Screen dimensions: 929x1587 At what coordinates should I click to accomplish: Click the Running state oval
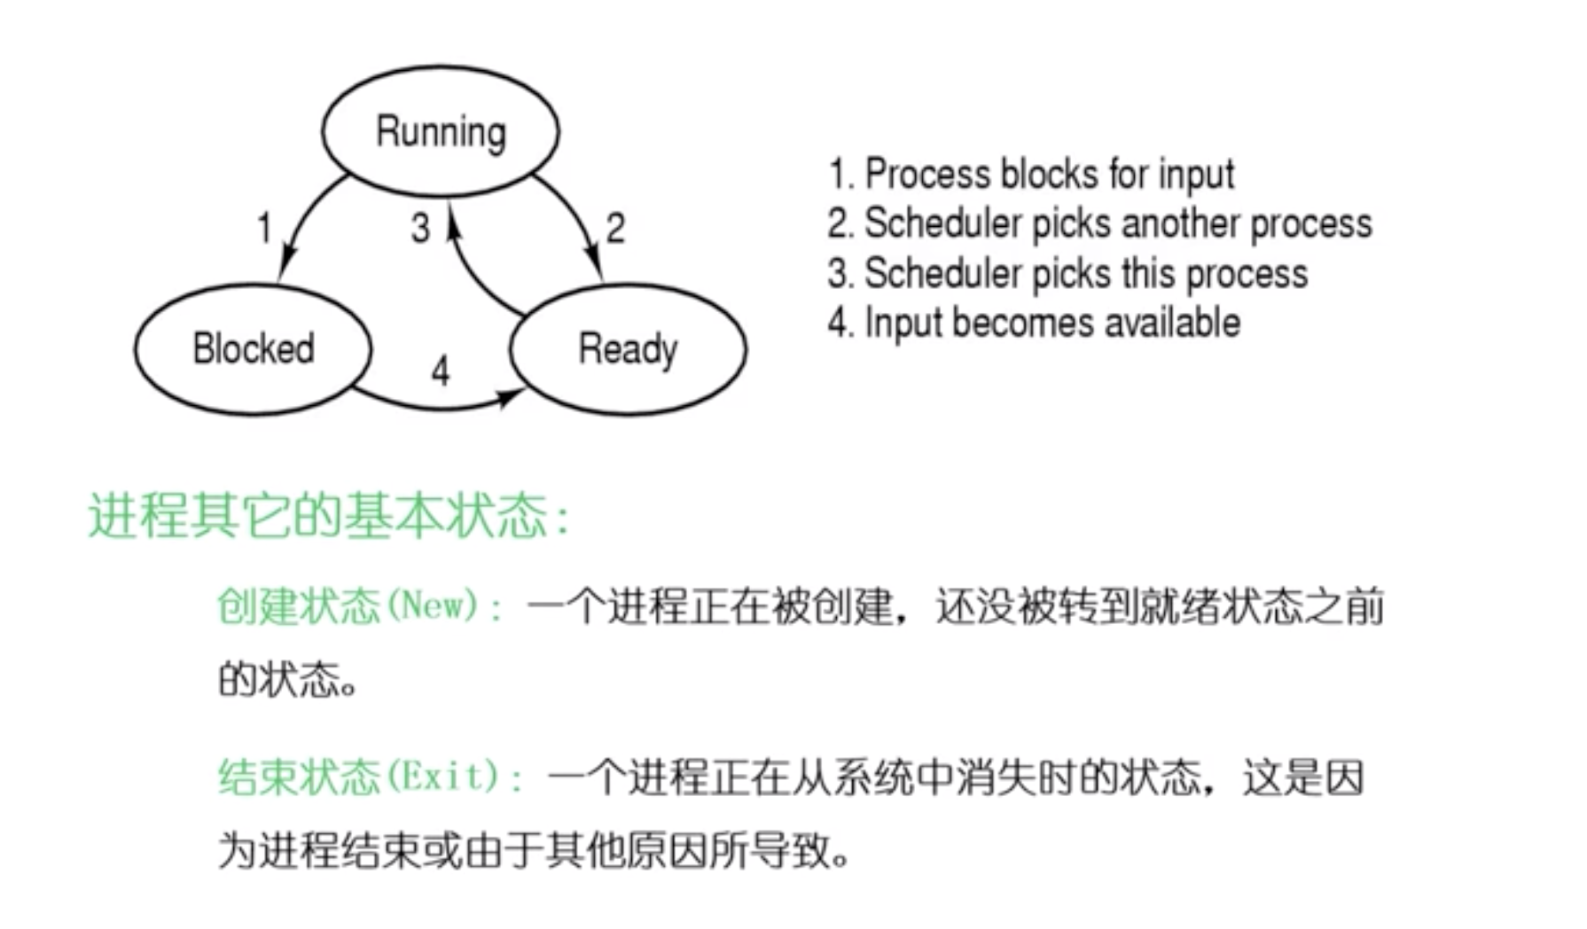[x=441, y=131]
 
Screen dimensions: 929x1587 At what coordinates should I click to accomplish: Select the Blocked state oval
[x=254, y=348]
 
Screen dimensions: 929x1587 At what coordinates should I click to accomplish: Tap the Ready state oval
[x=628, y=348]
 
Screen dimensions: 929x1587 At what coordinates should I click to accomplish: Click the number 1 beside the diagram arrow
[x=264, y=229]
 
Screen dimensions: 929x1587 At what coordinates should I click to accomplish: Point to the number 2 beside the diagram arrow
[x=615, y=229]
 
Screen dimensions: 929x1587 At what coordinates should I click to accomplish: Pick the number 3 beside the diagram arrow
[x=420, y=229]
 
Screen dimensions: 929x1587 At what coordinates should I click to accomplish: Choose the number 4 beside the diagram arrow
[x=441, y=371]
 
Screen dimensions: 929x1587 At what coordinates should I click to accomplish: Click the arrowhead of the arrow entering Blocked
[x=286, y=265]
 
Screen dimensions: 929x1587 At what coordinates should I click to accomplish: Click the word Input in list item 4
[x=903, y=323]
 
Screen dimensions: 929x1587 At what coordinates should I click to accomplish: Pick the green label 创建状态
[x=298, y=606]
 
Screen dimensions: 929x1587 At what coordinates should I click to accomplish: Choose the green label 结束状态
[x=298, y=777]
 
